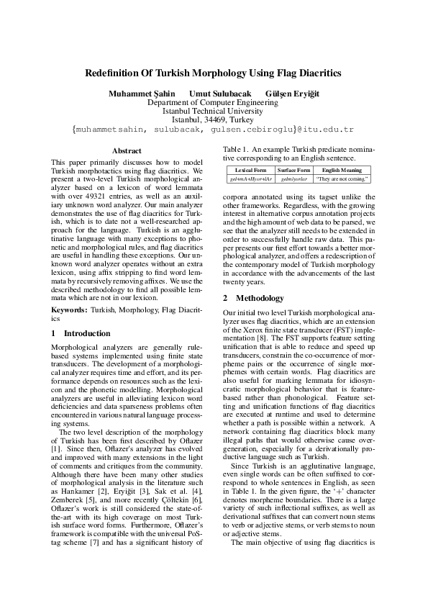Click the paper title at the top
tap(213, 73)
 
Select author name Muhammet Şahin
tap(142, 94)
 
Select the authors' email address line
tap(213, 129)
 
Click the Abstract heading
tap(127, 150)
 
